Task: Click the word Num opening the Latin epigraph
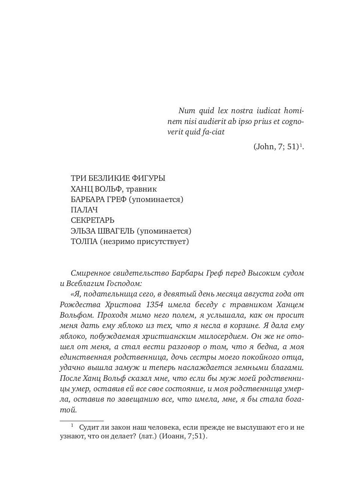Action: [187, 110]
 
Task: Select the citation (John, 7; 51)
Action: [276, 147]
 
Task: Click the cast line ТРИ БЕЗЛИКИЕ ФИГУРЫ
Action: [118, 178]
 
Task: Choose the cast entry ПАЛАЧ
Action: [84, 210]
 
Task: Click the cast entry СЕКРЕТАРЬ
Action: [92, 220]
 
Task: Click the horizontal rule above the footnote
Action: [76, 421]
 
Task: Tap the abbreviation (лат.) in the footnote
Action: [147, 437]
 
